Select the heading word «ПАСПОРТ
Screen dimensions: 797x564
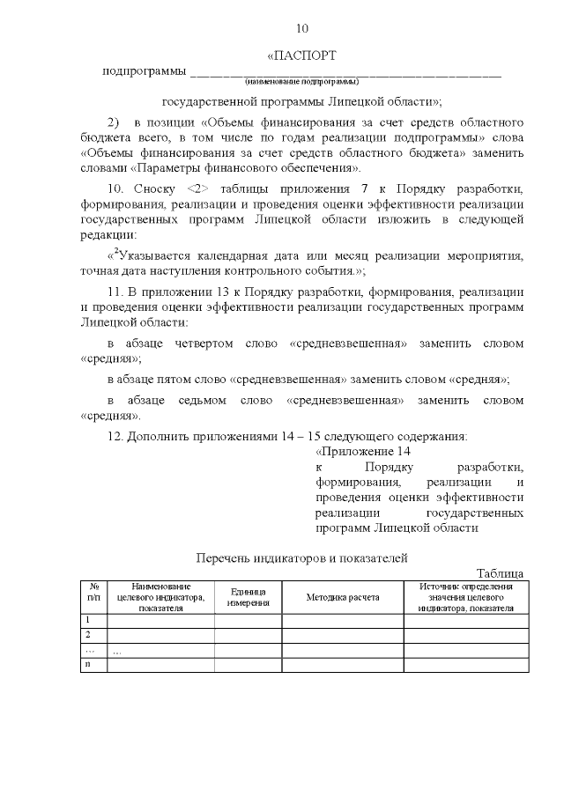[302, 55]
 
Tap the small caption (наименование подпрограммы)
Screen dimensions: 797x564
[302, 81]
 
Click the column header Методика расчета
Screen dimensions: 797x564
[342, 597]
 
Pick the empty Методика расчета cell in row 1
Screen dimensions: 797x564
[342, 619]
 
